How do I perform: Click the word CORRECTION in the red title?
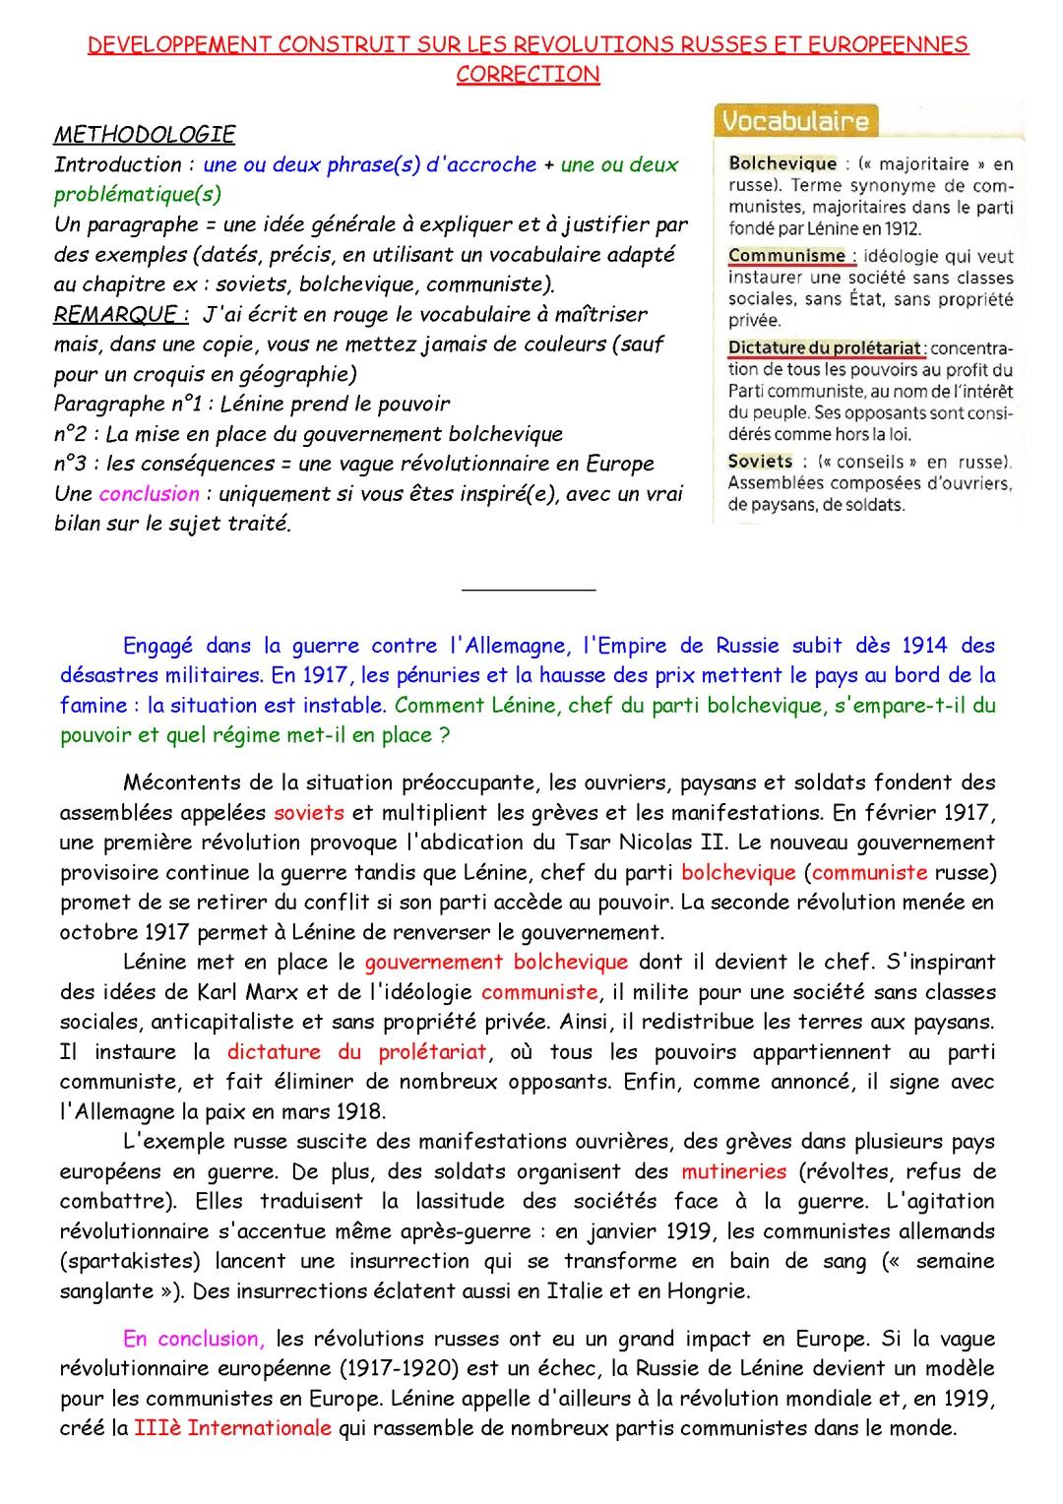click(x=528, y=74)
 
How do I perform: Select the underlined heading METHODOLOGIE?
click(x=144, y=134)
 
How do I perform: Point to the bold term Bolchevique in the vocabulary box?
click(x=782, y=163)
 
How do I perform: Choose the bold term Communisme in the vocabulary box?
click(x=787, y=256)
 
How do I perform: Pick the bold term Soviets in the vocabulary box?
click(x=760, y=461)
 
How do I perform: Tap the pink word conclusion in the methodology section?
click(x=150, y=493)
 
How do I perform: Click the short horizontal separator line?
click(x=528, y=590)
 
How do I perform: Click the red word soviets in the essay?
click(x=309, y=813)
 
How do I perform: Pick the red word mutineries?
click(x=733, y=1171)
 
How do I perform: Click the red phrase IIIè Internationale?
click(x=233, y=1427)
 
